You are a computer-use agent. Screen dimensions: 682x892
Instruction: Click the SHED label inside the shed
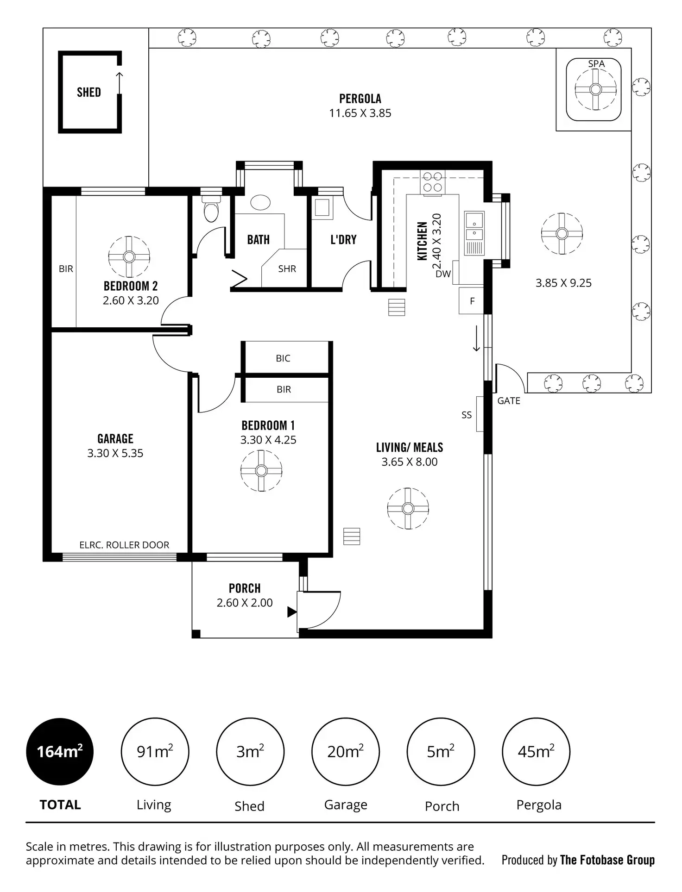tap(88, 92)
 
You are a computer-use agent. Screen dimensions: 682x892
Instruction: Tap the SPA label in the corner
tap(596, 64)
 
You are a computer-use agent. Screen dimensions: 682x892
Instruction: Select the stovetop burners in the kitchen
tap(432, 182)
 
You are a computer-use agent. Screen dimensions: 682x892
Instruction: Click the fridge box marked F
tap(472, 301)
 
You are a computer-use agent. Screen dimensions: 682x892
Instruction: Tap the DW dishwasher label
tap(443, 274)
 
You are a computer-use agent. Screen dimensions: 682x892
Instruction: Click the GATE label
tap(508, 401)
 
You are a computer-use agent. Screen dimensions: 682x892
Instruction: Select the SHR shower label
tap(287, 268)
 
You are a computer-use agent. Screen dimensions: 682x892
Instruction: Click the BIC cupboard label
tap(283, 358)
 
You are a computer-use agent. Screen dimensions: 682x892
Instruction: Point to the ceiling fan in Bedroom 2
tap(129, 256)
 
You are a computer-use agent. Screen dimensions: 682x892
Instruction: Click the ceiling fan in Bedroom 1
tap(261, 470)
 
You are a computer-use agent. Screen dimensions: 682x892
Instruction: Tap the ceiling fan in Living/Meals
tap(408, 508)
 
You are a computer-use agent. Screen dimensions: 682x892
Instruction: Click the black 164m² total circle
tap(60, 751)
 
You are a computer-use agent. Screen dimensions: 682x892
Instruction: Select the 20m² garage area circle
tap(345, 751)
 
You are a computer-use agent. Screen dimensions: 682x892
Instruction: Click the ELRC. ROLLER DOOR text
tap(124, 545)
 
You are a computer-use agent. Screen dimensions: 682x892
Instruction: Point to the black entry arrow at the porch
tap(291, 612)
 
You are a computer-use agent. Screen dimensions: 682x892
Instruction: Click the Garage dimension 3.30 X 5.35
tap(115, 453)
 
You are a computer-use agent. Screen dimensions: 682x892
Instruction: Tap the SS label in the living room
tap(466, 415)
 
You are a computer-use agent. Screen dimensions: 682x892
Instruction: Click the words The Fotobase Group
tap(607, 860)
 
